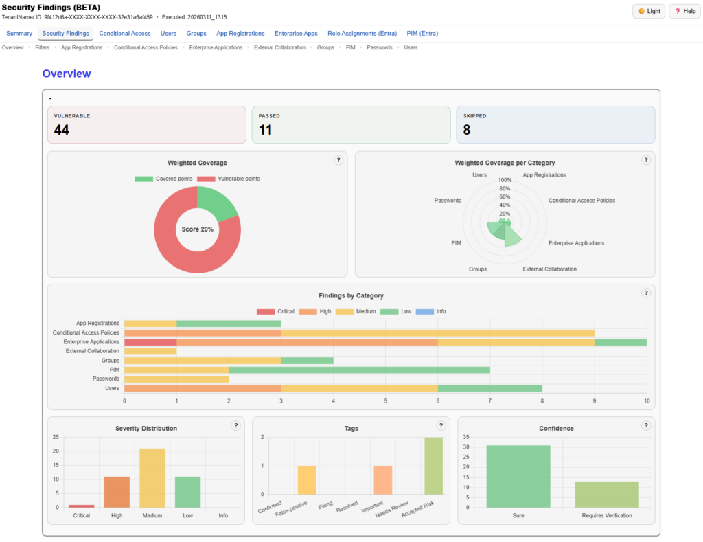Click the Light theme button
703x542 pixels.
tap(648, 11)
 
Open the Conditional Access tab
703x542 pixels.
tap(124, 33)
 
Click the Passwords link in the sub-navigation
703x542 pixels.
tap(379, 47)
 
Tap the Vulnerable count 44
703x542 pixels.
tap(62, 130)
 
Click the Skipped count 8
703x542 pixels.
tap(467, 130)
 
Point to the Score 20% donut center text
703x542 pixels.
tap(197, 229)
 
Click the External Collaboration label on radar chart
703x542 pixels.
tap(549, 269)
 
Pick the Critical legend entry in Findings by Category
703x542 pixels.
tap(275, 311)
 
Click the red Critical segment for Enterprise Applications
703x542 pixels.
tap(150, 341)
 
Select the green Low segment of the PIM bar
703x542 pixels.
tap(359, 370)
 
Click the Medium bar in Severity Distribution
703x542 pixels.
tap(152, 478)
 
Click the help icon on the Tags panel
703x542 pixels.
tap(441, 425)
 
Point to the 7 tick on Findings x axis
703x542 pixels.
tap(489, 401)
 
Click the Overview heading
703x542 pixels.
tap(67, 74)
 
